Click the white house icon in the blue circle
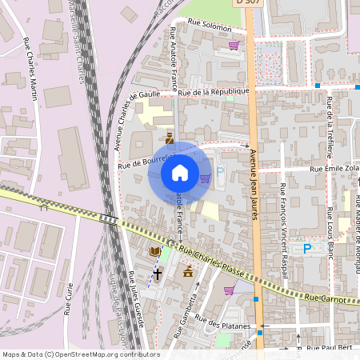pos(180,172)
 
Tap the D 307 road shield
pos(249,3)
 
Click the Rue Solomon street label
pos(210,26)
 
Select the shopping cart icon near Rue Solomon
pos(234,46)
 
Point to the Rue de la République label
pos(214,91)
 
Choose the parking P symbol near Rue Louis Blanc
pos(306,249)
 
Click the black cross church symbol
pos(158,273)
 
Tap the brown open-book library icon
pos(154,252)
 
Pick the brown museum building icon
pos(188,273)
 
